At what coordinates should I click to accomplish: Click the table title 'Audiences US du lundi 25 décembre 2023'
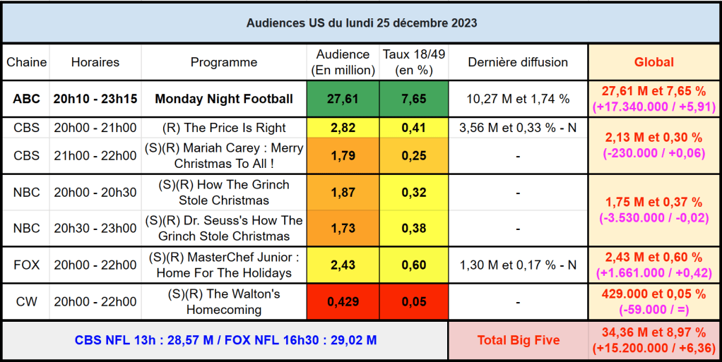tap(361, 23)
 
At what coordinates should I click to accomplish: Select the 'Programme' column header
tap(224, 62)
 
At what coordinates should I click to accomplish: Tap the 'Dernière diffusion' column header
tap(518, 62)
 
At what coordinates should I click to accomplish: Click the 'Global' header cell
tap(653, 62)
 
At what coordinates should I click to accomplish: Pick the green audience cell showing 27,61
tap(343, 99)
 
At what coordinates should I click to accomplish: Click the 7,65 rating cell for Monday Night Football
tap(413, 99)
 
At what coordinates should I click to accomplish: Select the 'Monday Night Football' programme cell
tap(224, 99)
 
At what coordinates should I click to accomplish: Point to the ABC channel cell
tap(26, 99)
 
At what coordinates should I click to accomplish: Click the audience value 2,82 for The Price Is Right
tap(343, 128)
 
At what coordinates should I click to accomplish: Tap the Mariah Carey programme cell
tap(224, 156)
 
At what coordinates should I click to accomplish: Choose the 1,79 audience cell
tap(343, 156)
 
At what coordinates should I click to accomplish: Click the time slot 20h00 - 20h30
tap(95, 192)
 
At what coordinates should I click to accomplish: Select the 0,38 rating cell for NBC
tap(413, 228)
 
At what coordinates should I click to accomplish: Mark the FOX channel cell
tap(26, 265)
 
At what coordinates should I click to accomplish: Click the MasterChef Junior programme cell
tap(224, 265)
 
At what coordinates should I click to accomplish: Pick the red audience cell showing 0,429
tap(343, 302)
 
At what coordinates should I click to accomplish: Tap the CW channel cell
tap(26, 302)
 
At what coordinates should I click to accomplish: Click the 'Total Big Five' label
tap(518, 340)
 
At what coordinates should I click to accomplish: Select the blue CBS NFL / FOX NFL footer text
tap(225, 340)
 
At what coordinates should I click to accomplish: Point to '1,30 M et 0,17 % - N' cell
tap(518, 265)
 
